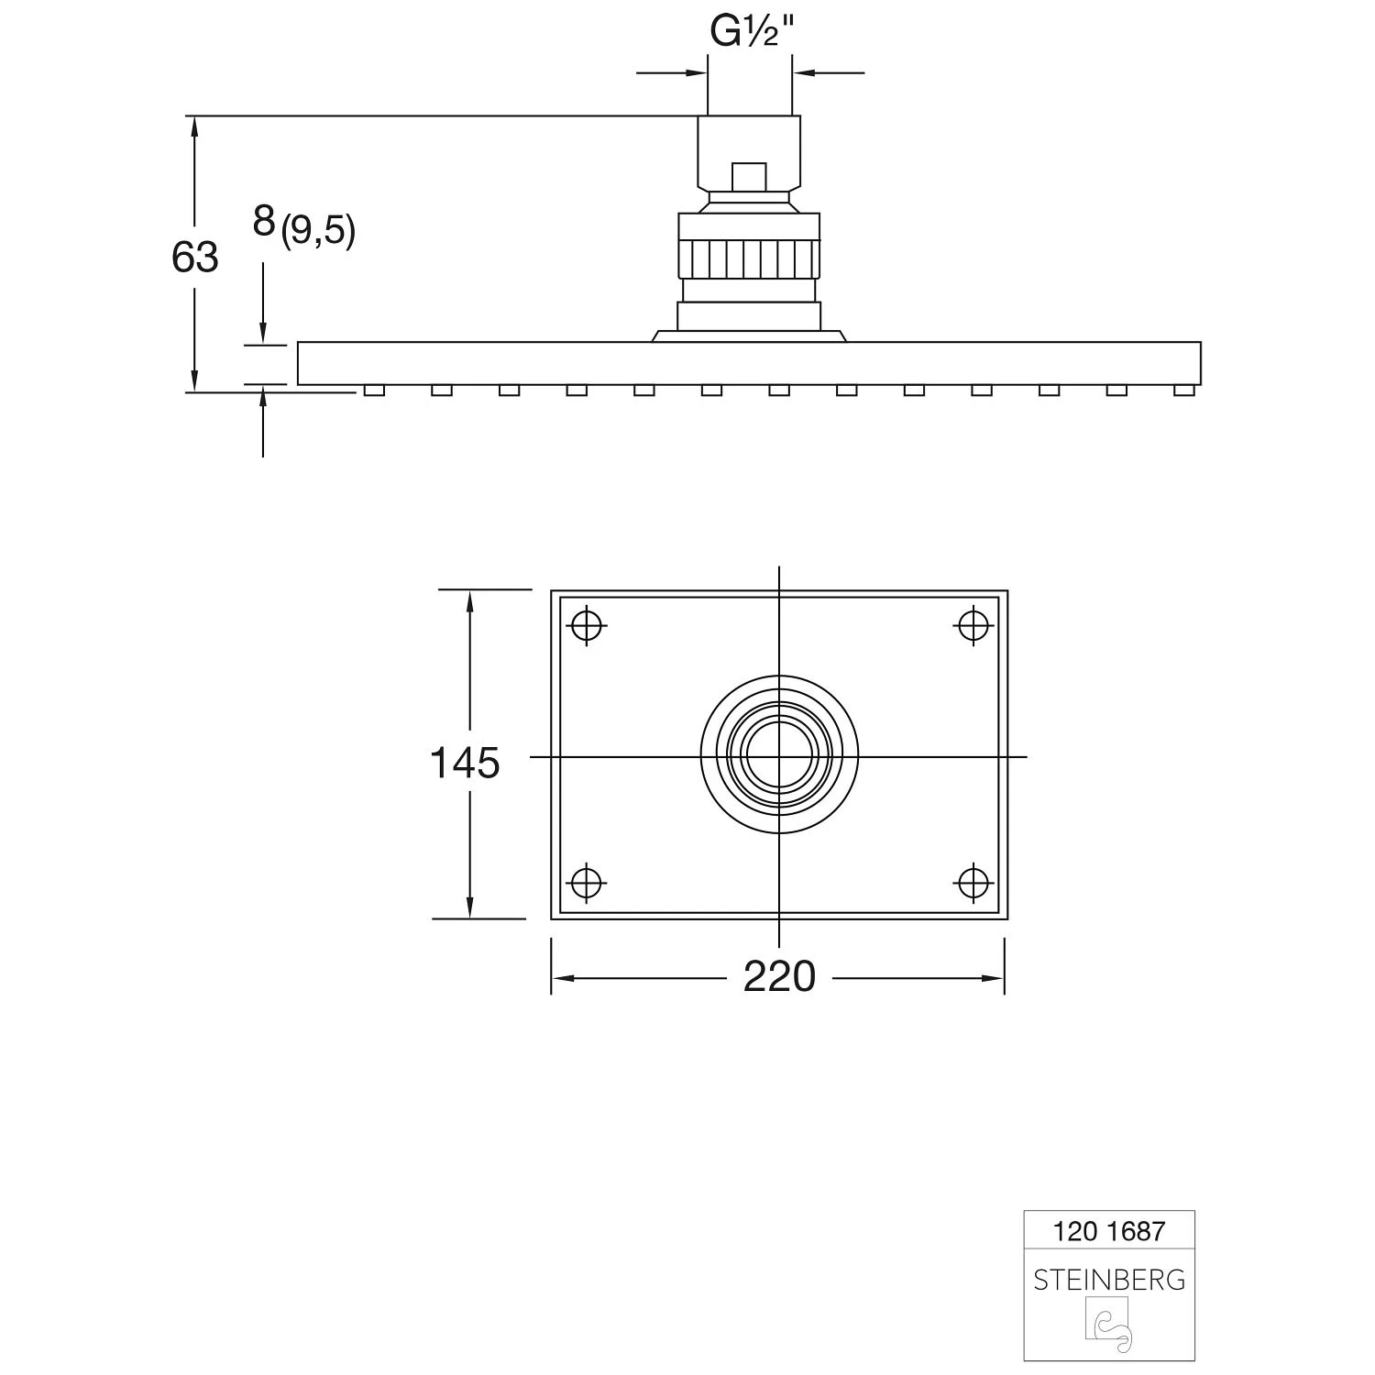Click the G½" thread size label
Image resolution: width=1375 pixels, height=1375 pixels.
[750, 32]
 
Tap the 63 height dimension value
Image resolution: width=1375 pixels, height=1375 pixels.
[194, 258]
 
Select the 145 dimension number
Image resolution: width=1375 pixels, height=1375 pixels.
[465, 763]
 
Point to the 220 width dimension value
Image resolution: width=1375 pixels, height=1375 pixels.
[779, 977]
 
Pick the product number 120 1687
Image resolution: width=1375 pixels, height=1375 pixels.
[1108, 1231]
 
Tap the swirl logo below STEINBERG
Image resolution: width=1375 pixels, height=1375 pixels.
[1109, 1325]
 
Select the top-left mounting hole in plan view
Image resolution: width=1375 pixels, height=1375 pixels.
[587, 626]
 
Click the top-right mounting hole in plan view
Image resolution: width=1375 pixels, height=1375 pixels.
[973, 626]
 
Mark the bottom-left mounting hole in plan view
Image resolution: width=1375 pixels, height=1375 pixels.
[587, 883]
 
